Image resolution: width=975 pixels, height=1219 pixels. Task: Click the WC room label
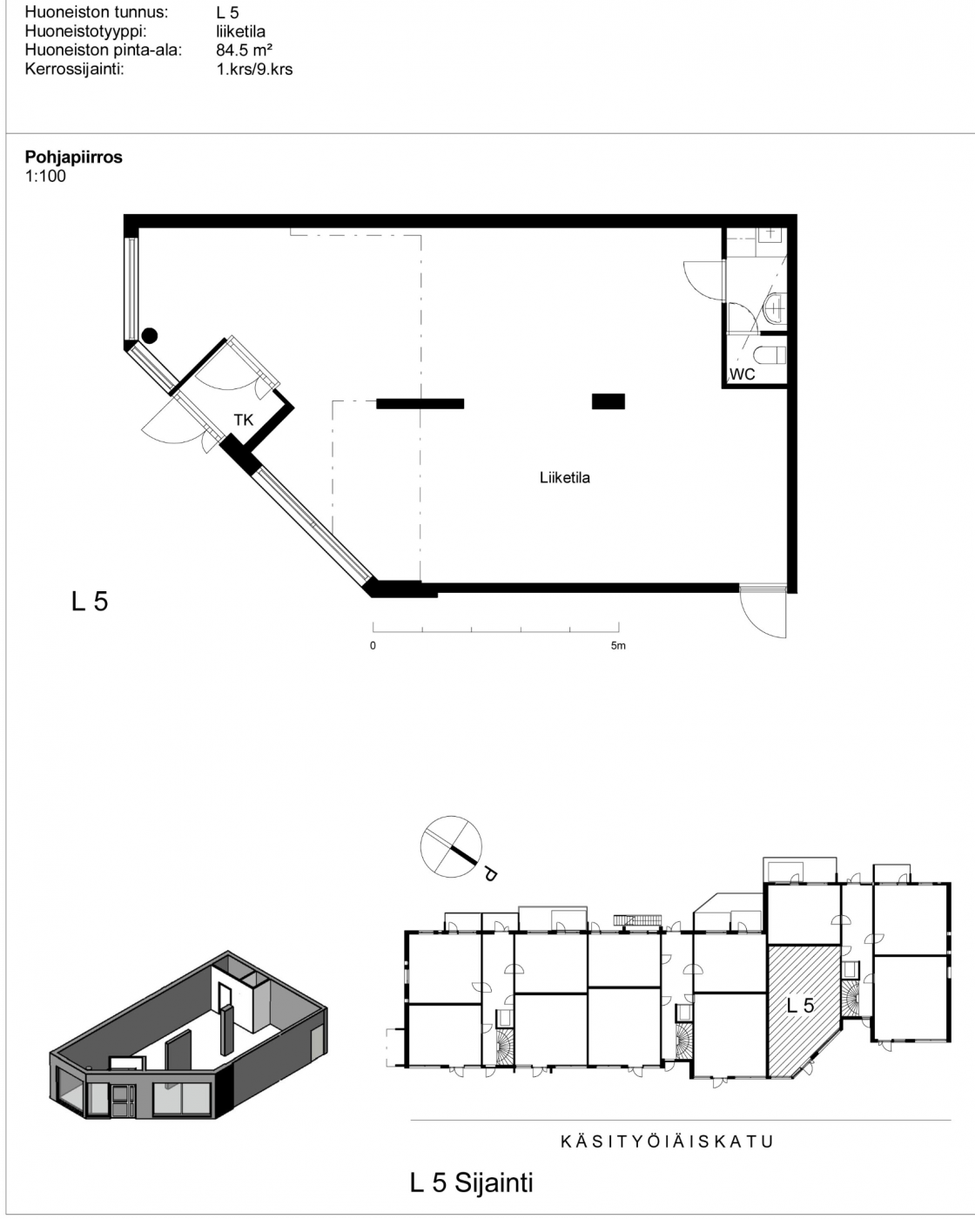(743, 374)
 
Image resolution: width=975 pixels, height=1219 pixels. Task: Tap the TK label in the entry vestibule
(244, 420)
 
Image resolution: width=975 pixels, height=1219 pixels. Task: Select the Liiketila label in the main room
(565, 477)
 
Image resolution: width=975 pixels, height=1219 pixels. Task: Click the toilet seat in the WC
(770, 355)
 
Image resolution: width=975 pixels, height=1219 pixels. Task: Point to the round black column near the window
(150, 335)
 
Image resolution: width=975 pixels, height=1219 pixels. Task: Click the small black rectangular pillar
(609, 401)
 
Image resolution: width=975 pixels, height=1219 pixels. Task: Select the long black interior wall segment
(420, 403)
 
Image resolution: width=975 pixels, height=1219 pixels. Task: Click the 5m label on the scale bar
(618, 646)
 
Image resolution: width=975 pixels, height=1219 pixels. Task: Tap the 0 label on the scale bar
(373, 646)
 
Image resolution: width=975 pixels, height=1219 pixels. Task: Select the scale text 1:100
(45, 176)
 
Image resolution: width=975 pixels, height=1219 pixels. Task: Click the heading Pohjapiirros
(74, 157)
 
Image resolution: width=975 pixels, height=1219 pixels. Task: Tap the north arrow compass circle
(451, 846)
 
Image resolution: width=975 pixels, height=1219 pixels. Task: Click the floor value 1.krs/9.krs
(254, 69)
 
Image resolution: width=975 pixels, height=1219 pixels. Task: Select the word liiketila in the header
(241, 31)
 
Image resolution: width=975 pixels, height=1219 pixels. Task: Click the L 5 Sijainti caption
(471, 1182)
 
